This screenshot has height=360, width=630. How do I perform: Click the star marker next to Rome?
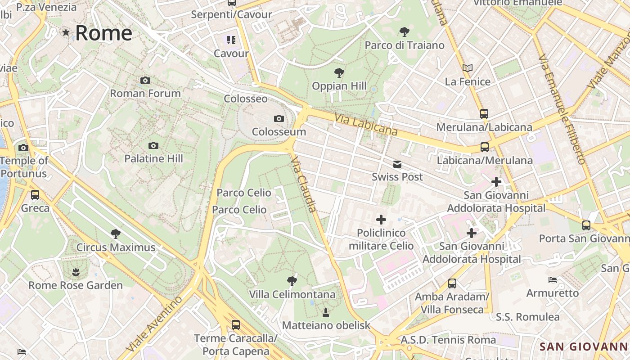pos(66,32)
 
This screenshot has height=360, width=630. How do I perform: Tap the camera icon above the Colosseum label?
pos(279,119)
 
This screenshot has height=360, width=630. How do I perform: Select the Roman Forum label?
pos(145,93)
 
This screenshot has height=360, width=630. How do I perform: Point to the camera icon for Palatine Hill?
pos(153,145)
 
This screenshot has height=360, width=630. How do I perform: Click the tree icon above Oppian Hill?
pos(339,72)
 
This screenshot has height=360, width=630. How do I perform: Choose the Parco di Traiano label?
pos(404,45)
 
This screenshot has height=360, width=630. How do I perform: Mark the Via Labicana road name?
pos(366,124)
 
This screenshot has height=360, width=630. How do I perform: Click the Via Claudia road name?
pos(304,184)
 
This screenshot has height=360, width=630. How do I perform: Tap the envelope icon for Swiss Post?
pos(397,164)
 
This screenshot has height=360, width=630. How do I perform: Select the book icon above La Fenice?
pos(468,68)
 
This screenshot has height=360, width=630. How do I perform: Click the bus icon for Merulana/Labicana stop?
pos(484,114)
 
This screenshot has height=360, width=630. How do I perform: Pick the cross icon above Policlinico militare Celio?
pos(381,220)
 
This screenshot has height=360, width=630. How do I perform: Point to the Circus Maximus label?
pos(116,247)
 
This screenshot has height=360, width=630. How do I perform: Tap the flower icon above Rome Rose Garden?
pos(76,272)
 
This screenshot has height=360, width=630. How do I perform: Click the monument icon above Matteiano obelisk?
pos(326,312)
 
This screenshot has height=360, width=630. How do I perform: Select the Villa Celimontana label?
pos(292,294)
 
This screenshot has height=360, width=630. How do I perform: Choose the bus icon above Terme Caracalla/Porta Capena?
pos(235,324)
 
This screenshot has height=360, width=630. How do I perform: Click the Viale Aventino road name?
pos(154,324)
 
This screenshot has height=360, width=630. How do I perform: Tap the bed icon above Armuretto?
pos(553,280)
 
